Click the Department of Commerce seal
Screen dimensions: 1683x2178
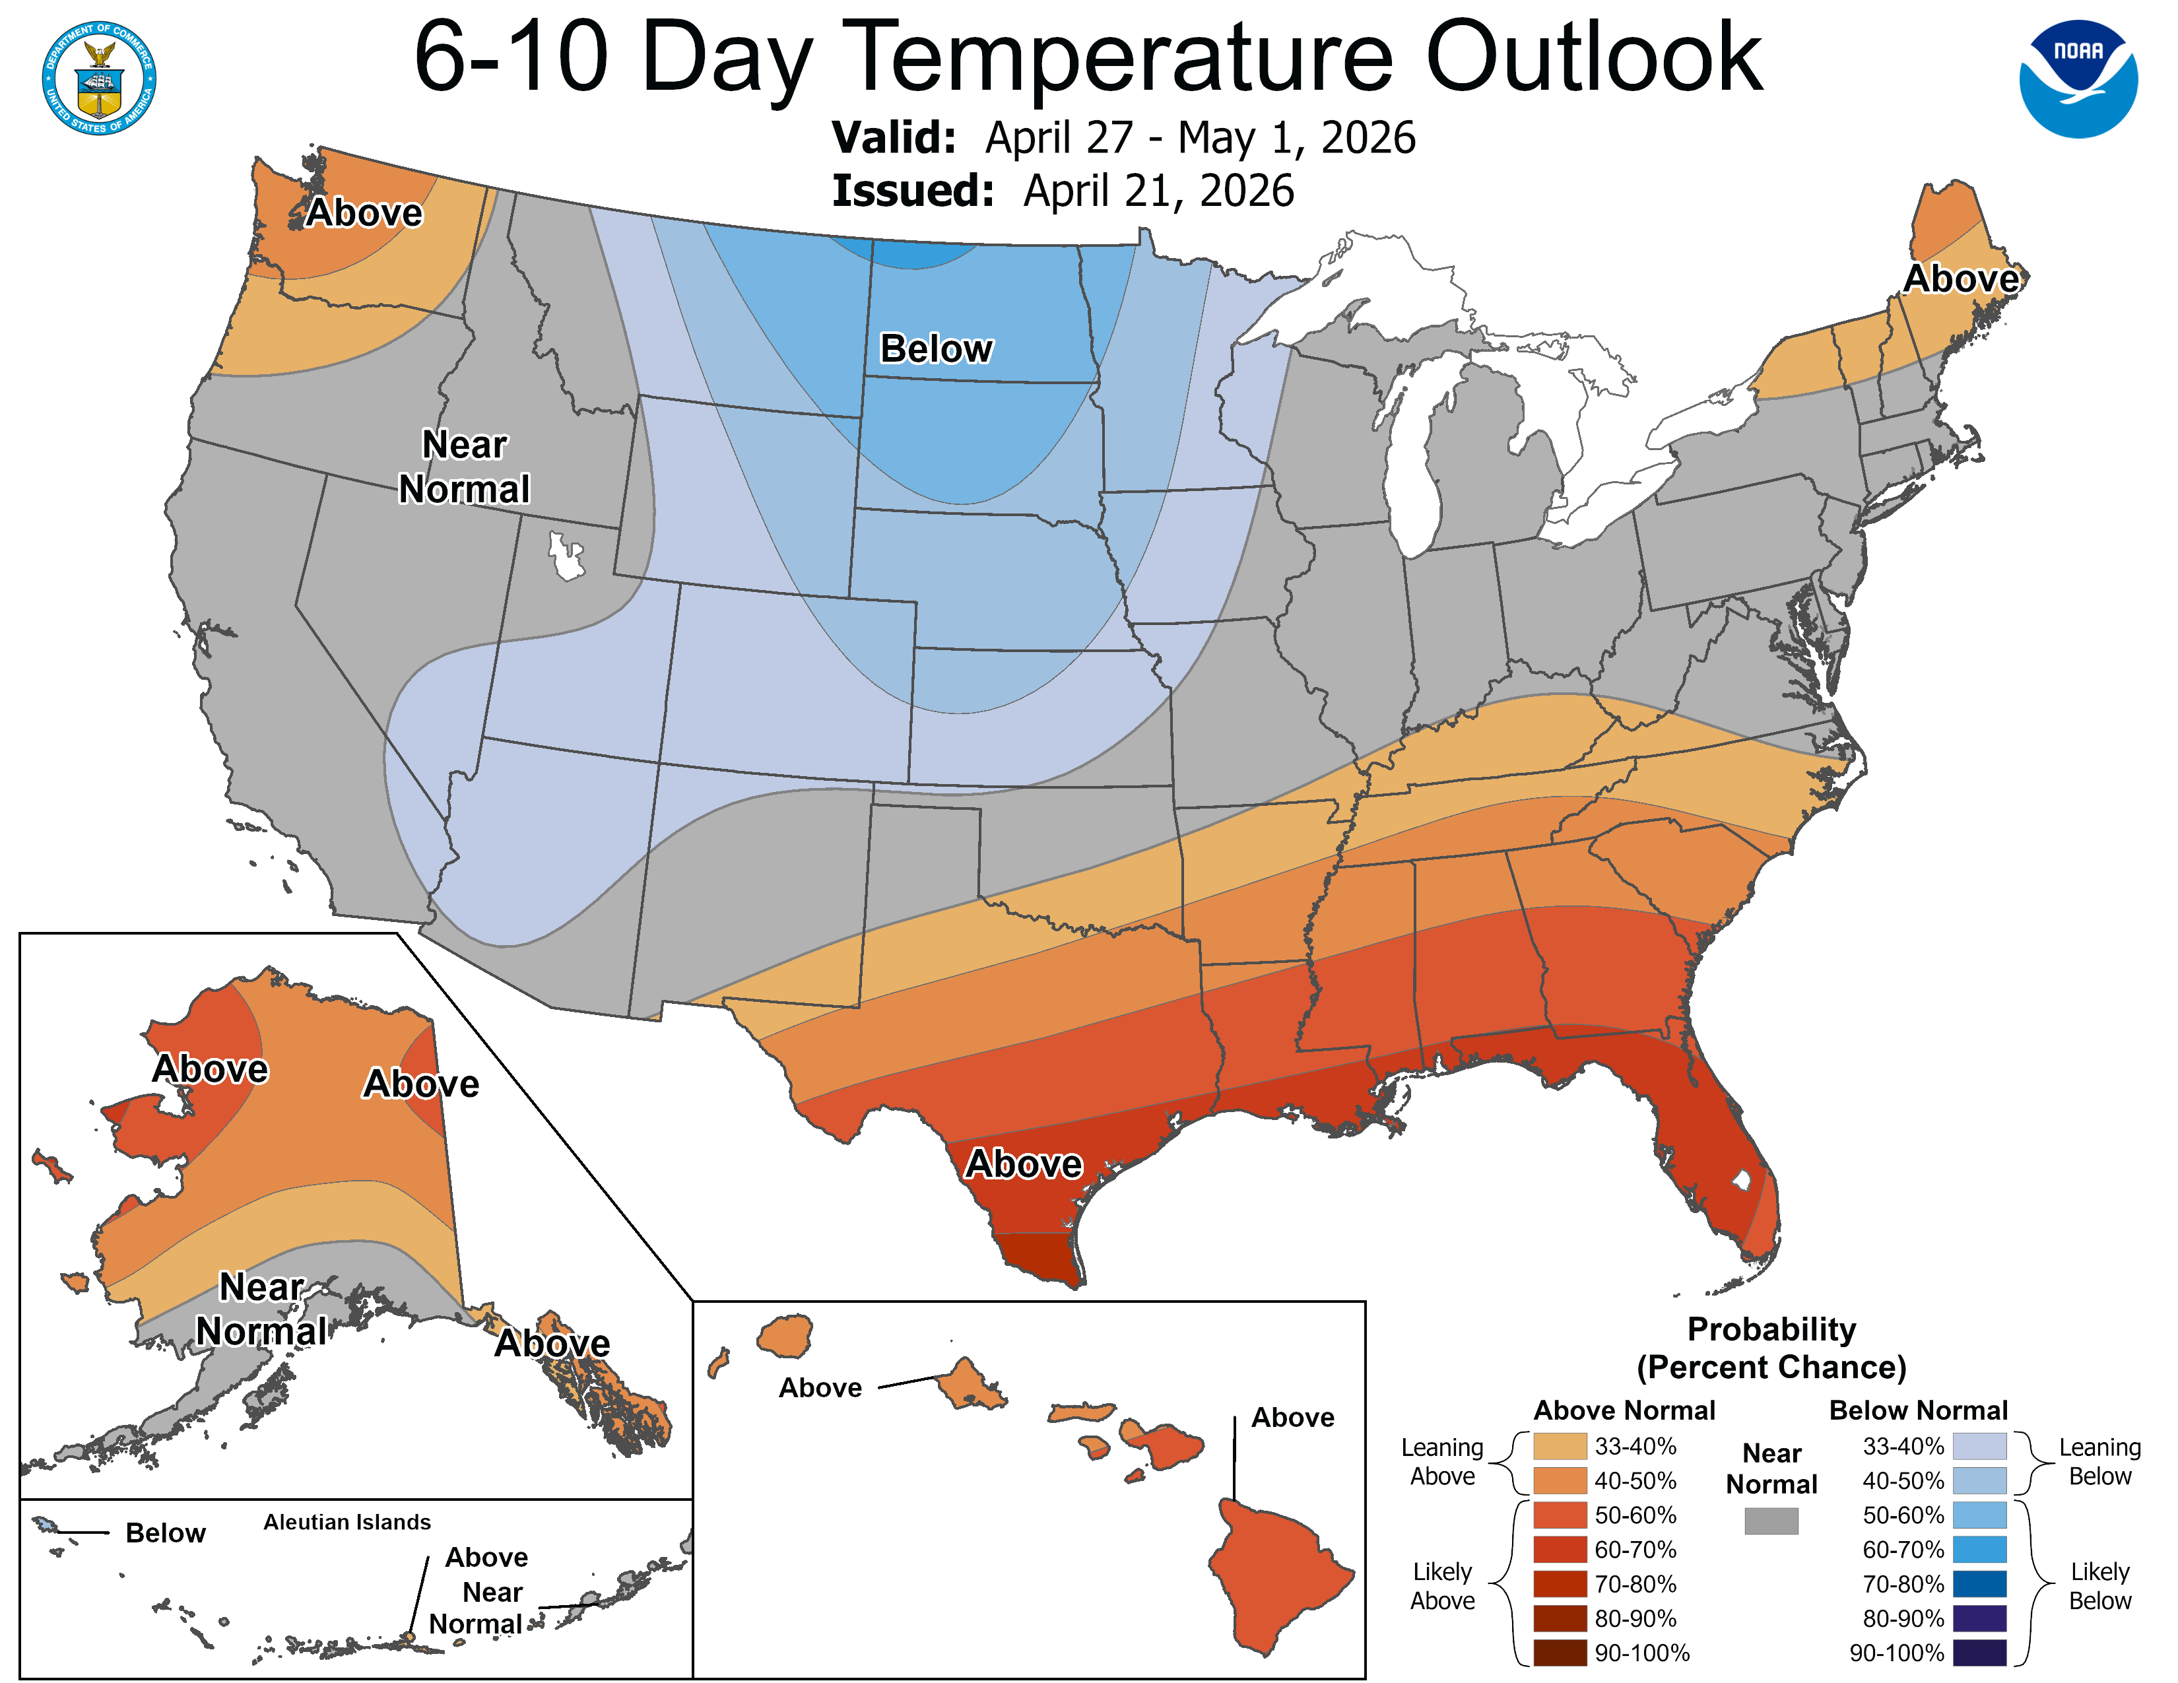click(99, 78)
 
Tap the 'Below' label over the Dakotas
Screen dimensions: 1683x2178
click(935, 349)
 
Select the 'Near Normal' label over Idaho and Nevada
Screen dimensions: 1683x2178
click(465, 467)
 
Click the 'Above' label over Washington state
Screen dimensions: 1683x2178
click(364, 213)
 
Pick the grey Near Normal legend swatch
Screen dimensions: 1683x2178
click(1771, 1521)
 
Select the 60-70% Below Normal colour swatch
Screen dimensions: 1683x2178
click(1979, 1550)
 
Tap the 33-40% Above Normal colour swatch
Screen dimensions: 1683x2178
click(1560, 1445)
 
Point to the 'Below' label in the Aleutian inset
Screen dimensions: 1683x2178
click(166, 1533)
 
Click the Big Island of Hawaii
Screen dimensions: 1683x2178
click(1278, 1575)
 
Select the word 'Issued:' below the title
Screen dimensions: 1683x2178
click(913, 191)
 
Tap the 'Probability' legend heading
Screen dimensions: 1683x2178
click(1771, 1329)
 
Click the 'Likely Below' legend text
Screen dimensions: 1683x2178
click(2099, 1585)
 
